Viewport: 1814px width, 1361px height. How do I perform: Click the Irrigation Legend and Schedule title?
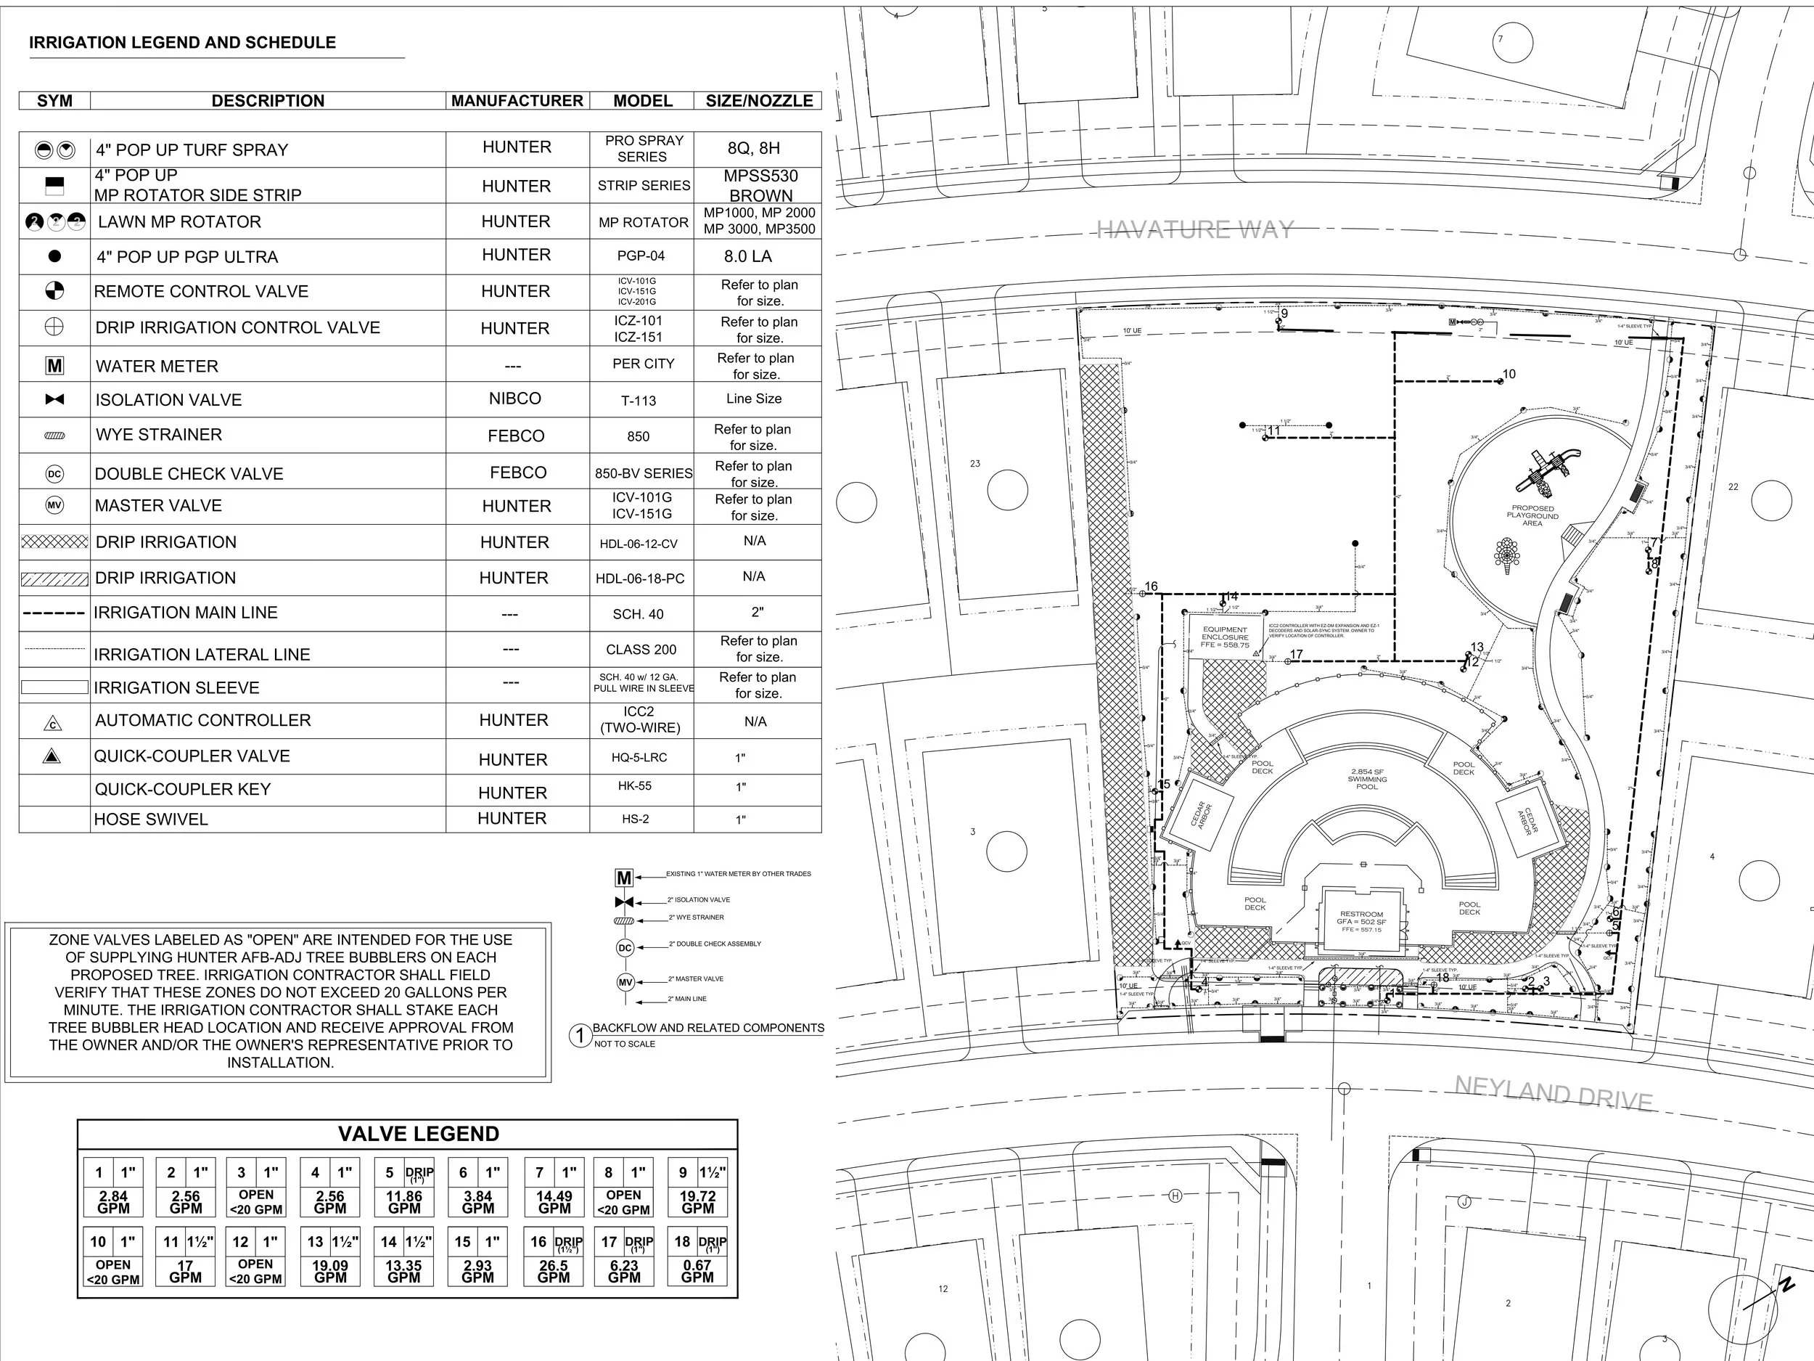[182, 43]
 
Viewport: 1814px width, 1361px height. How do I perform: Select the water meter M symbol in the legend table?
[54, 366]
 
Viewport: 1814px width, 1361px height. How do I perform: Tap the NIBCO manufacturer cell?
[515, 399]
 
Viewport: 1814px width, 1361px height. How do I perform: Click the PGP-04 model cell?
[641, 256]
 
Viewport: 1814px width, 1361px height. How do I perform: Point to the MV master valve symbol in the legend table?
[54, 505]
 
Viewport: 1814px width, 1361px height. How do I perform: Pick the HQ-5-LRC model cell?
[639, 757]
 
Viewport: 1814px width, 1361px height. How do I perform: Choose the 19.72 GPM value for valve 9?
[697, 1202]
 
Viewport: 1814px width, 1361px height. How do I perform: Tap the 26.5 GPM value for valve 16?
[554, 1272]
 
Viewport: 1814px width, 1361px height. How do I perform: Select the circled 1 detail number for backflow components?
[580, 1035]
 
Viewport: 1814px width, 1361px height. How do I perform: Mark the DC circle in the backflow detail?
[625, 947]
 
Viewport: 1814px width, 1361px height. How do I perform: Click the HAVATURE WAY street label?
[1194, 229]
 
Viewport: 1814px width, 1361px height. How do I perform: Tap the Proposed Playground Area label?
[1532, 515]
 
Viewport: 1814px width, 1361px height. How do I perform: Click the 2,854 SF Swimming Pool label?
[1367, 779]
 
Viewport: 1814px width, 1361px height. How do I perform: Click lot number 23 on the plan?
[975, 464]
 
